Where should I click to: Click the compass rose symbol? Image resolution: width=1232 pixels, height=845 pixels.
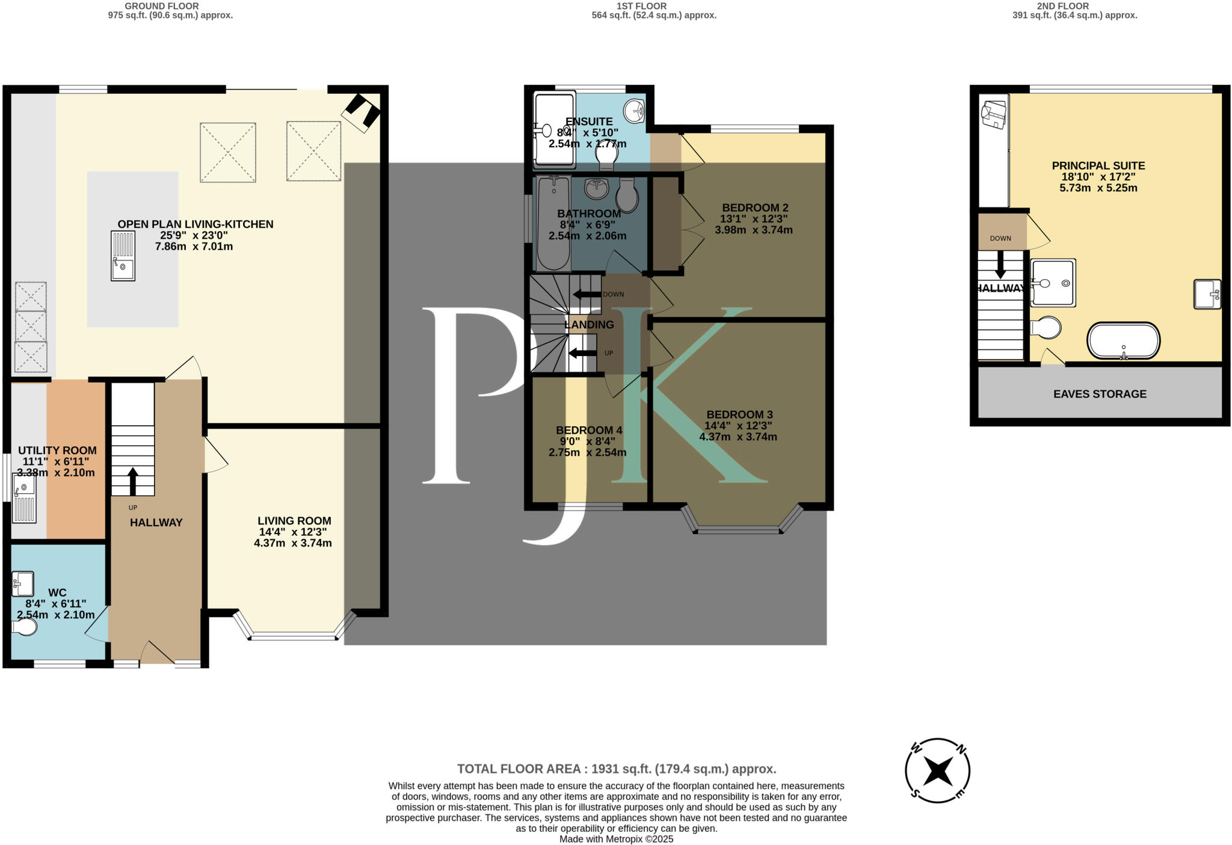pos(937,770)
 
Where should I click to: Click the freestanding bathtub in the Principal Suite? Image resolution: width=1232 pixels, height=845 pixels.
pos(1123,341)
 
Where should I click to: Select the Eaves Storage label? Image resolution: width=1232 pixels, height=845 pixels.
pos(1100,394)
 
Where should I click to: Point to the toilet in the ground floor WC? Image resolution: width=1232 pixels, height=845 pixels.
pos(25,627)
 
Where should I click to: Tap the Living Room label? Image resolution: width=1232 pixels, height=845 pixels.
pos(294,521)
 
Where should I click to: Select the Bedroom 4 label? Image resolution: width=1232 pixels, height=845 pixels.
pos(588,430)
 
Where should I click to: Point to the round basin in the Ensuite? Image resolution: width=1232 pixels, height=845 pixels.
pos(634,111)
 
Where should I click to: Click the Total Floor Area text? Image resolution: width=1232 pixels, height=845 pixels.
pos(617,769)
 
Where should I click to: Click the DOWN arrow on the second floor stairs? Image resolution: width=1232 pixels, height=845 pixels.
pos(1000,264)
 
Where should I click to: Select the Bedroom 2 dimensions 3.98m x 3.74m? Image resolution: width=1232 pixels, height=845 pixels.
pos(753,230)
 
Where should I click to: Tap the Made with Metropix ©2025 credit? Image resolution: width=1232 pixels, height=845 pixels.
pos(616,839)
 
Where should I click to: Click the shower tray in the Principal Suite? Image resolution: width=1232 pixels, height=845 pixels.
pos(1053,283)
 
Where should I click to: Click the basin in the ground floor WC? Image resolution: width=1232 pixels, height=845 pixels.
pos(23,583)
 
